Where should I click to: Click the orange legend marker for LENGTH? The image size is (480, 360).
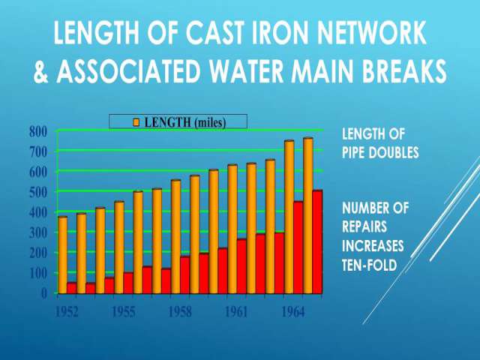[136, 122]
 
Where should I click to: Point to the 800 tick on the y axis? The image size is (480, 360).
[38, 132]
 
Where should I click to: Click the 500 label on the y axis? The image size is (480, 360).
[38, 192]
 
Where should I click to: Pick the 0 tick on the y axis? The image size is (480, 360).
[44, 293]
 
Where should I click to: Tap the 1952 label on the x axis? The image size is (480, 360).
[67, 312]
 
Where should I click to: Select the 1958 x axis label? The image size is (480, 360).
[180, 312]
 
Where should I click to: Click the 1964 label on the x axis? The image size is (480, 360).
[293, 312]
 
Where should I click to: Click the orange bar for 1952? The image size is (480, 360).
[63, 255]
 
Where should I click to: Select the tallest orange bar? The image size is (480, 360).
[308, 216]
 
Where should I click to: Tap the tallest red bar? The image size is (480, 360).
[317, 242]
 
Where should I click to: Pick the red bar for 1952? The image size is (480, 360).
[72, 288]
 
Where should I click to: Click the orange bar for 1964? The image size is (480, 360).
[289, 217]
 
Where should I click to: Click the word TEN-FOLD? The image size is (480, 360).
[370, 265]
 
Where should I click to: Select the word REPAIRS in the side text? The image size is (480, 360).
[364, 226]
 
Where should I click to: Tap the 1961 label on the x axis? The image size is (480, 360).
[236, 312]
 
